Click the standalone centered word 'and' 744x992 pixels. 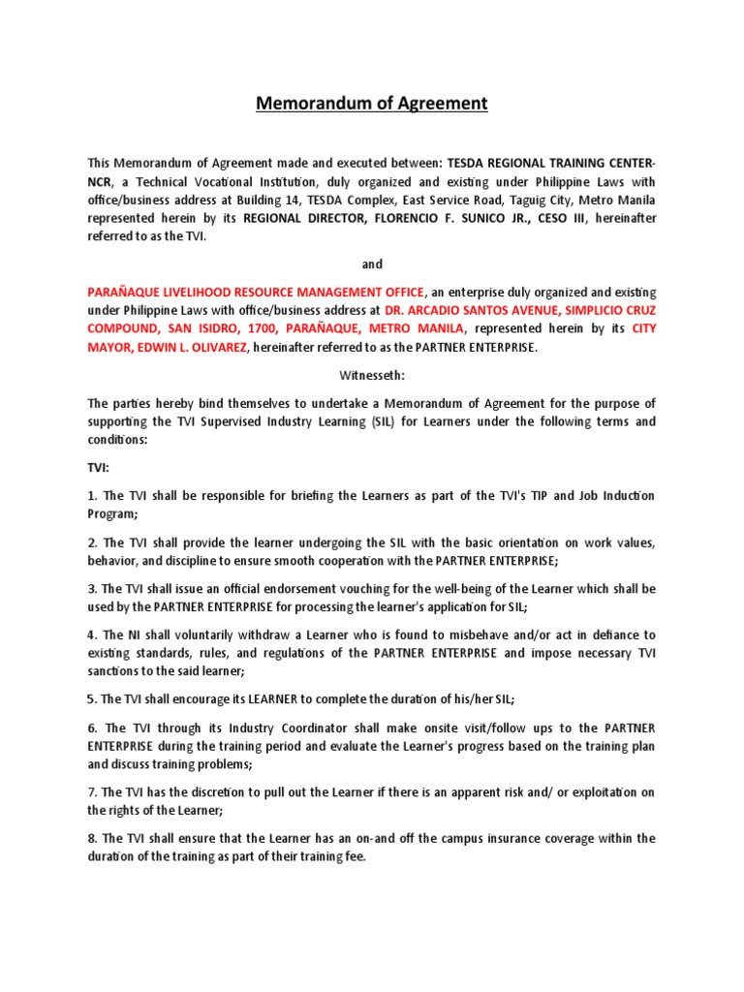click(x=371, y=264)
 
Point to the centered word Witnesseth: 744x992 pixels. click(x=371, y=375)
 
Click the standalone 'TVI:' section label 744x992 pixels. click(x=101, y=467)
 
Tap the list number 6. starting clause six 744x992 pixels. click(x=93, y=728)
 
